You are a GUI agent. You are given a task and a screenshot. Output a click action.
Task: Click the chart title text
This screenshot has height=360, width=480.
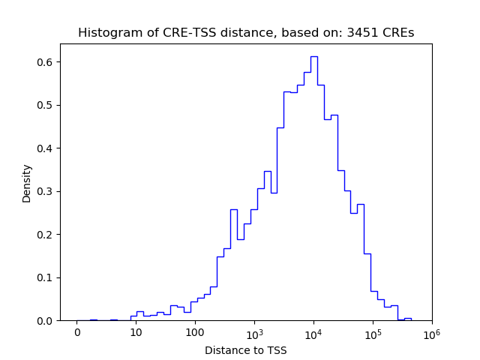tap(245, 33)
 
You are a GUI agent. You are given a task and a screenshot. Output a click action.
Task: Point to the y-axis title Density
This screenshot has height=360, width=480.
tap(27, 183)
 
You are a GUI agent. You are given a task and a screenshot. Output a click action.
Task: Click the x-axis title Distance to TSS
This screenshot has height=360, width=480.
tap(245, 349)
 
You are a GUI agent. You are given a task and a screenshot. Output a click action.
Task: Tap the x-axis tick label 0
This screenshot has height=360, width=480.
tap(76, 333)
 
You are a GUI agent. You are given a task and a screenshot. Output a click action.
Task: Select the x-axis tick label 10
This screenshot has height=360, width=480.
tap(136, 333)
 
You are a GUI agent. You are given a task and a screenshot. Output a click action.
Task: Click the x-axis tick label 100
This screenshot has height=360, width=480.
tap(195, 333)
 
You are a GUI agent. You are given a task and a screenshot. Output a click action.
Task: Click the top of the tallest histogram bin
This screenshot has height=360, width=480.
tap(313, 56)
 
